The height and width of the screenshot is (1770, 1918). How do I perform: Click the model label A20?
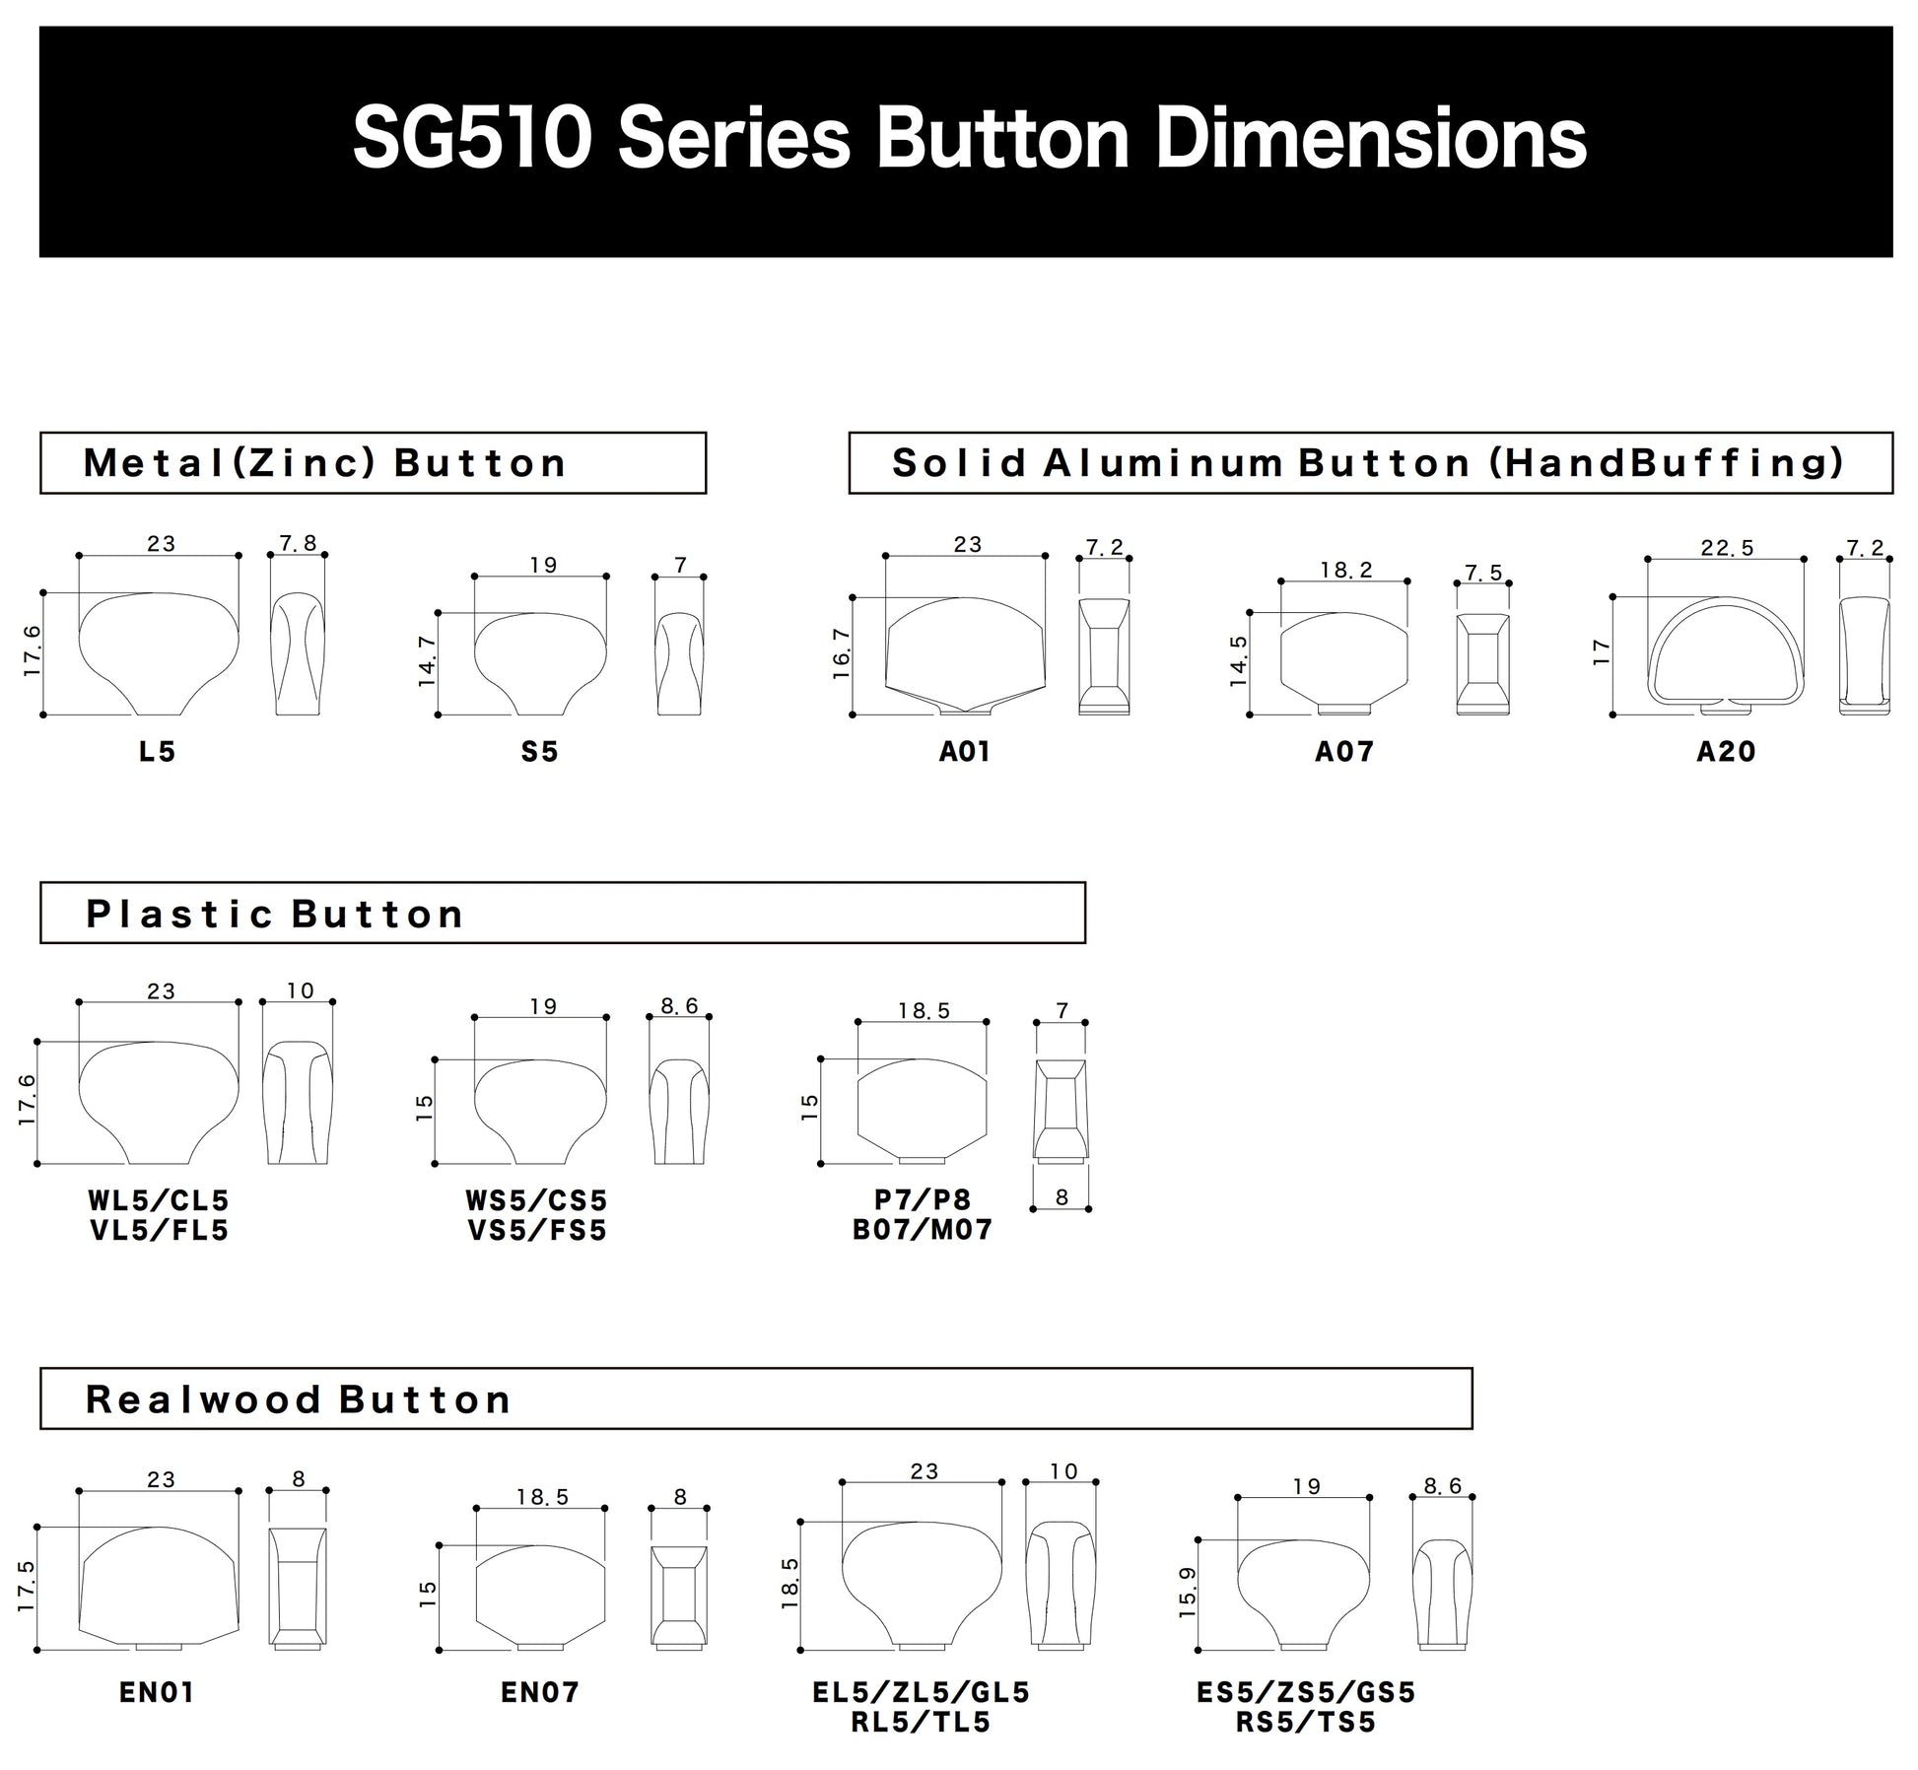tap(1726, 752)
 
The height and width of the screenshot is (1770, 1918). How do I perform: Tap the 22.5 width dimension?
tap(1727, 548)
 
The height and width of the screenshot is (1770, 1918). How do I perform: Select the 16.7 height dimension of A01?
tap(841, 652)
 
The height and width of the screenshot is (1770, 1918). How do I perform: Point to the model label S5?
tap(540, 752)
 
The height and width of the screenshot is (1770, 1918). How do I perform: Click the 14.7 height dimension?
tap(427, 661)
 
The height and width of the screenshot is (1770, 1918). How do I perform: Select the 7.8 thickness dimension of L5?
tap(298, 543)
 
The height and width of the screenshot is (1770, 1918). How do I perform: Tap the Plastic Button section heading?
tap(275, 914)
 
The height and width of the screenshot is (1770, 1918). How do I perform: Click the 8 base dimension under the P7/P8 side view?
tap(1062, 1197)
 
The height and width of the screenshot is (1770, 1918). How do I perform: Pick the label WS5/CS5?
tap(537, 1200)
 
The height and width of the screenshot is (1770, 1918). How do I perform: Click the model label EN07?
tap(540, 1692)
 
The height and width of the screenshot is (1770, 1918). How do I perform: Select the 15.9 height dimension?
tap(1187, 1593)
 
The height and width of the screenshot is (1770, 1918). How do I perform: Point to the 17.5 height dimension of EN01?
tap(27, 1586)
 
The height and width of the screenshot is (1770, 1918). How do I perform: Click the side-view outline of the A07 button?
tap(1482, 663)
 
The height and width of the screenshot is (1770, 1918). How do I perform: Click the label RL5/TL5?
tap(921, 1723)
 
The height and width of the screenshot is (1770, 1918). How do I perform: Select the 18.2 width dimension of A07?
tap(1345, 570)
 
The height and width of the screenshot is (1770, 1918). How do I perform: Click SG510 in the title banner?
tap(472, 139)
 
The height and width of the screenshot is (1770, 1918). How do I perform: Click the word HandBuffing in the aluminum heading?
tap(1666, 462)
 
